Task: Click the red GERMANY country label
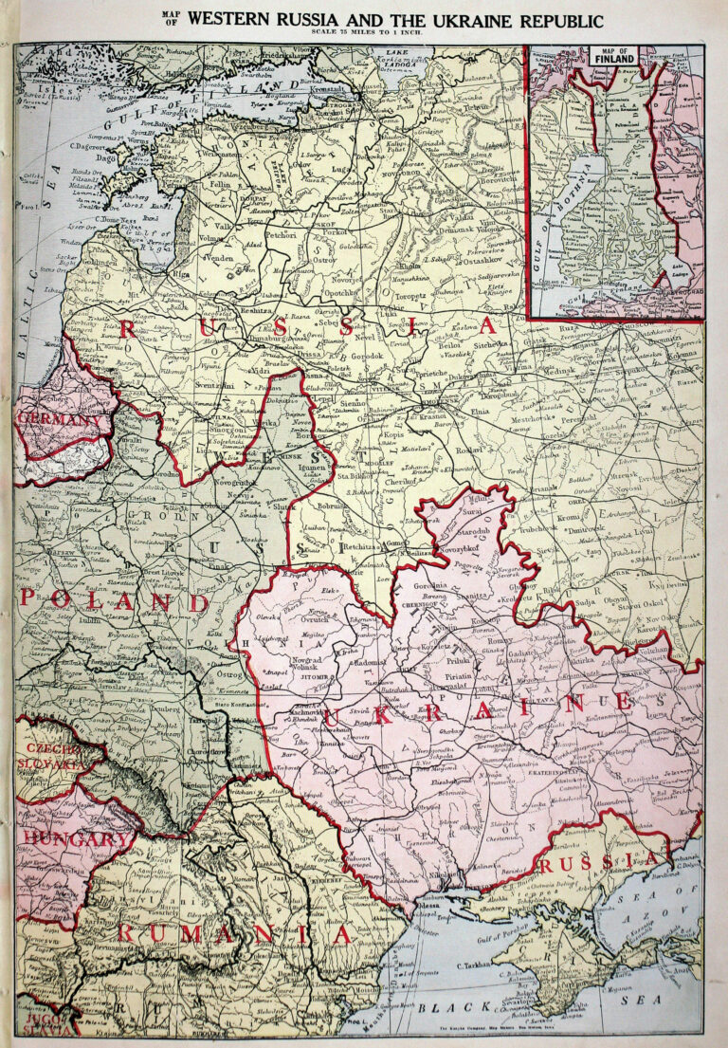click(59, 420)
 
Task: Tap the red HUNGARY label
click(75, 838)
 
